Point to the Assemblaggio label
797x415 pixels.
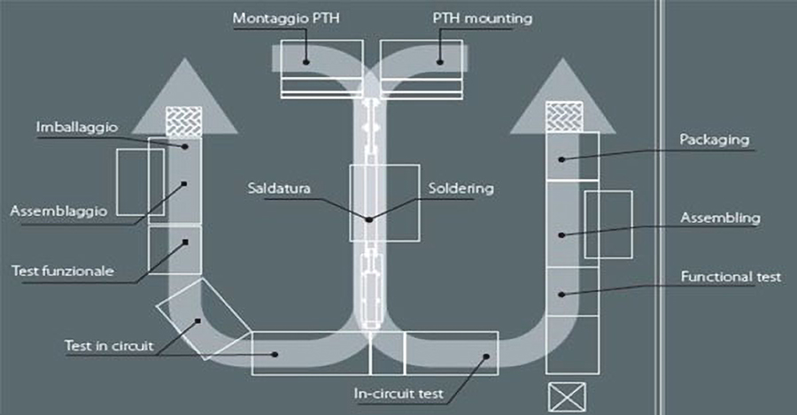click(x=59, y=211)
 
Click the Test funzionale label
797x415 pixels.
click(x=63, y=271)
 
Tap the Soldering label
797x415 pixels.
click(x=460, y=188)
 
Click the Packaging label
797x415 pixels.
click(x=715, y=140)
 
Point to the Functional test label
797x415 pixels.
click(x=731, y=277)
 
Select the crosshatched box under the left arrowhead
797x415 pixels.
click(x=184, y=121)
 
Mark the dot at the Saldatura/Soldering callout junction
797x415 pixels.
click(x=368, y=218)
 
